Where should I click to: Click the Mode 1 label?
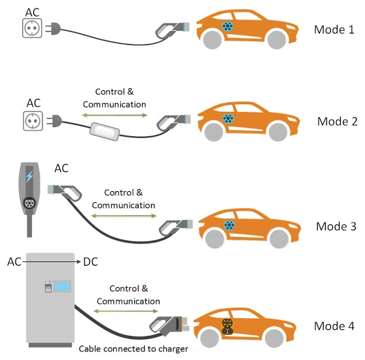point(334,29)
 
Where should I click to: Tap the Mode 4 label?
point(334,326)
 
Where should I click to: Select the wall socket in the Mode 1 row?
point(32,28)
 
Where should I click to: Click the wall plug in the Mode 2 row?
point(54,121)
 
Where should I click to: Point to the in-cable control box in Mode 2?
point(105,132)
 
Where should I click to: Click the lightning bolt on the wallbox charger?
point(29,177)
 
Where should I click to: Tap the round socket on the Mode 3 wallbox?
point(29,204)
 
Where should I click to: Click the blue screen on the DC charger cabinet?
point(62,286)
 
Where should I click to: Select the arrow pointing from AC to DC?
point(51,262)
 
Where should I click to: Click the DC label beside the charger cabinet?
point(90,262)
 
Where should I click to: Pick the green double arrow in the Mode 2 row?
point(114,115)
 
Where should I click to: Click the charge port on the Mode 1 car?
point(228,26)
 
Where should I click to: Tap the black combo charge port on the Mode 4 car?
point(227,327)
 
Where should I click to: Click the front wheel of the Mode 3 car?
point(279,238)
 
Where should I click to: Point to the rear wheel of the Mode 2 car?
point(214,132)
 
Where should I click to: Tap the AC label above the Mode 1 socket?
point(32,12)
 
